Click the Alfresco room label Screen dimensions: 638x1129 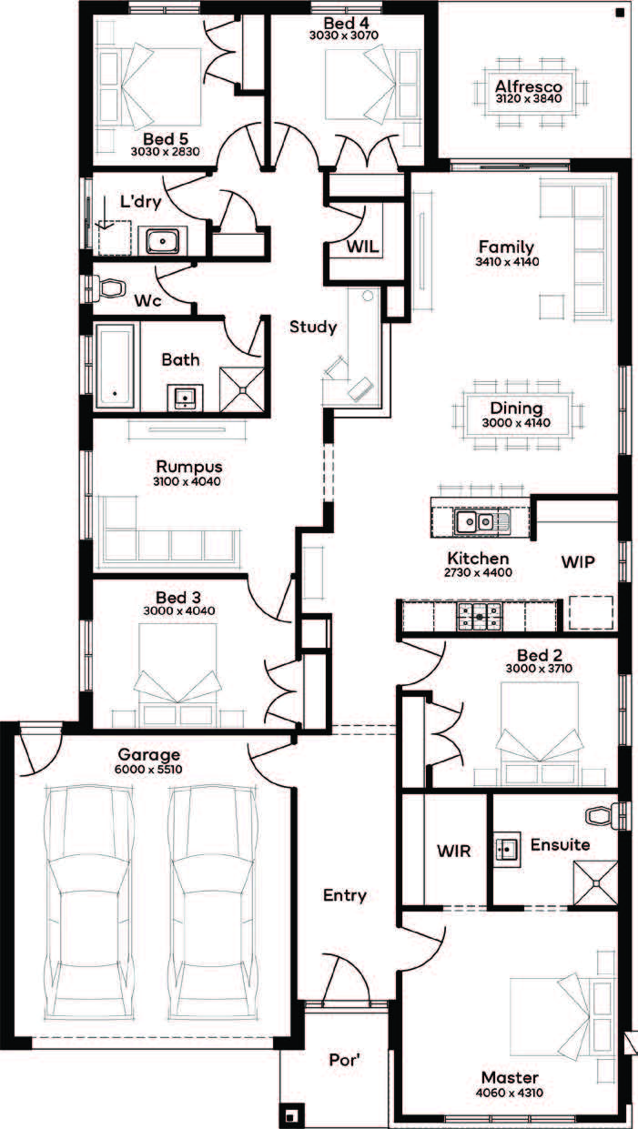(x=529, y=86)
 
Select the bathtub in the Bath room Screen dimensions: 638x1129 (x=115, y=366)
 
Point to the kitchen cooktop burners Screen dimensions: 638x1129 (x=479, y=616)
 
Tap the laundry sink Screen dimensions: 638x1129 (x=162, y=240)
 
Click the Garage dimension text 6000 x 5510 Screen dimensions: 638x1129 (x=148, y=770)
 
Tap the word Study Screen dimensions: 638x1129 (x=313, y=328)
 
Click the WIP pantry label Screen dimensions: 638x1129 (x=578, y=561)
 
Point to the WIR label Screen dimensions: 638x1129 (x=454, y=852)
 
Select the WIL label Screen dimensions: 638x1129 (x=362, y=247)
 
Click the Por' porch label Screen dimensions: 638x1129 (x=346, y=1060)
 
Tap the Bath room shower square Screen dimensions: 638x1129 (x=241, y=389)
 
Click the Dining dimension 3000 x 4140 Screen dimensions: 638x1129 (x=516, y=422)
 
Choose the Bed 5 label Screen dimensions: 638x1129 (x=166, y=138)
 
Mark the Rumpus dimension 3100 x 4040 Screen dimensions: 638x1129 (x=187, y=481)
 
